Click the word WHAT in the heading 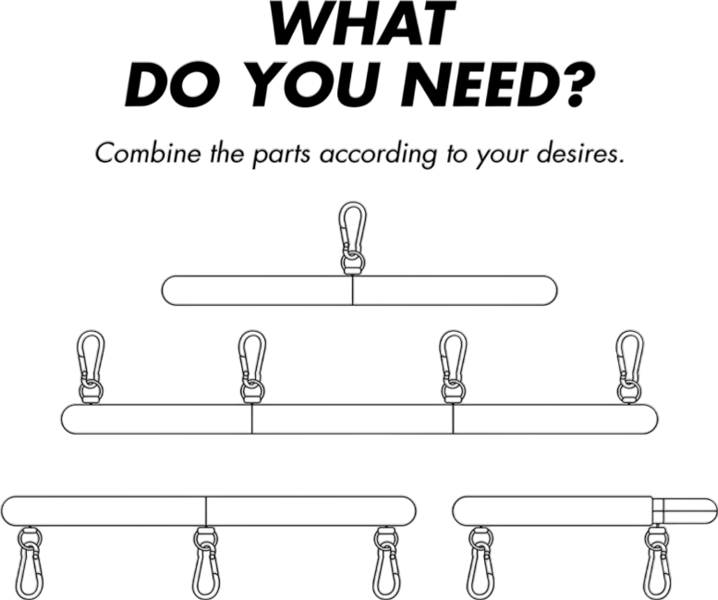pyautogui.click(x=362, y=23)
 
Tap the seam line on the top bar pyautogui.click(x=353, y=290)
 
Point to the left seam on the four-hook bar pyautogui.click(x=252, y=419)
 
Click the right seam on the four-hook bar pyautogui.click(x=454, y=419)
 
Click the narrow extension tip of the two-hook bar pyautogui.click(x=685, y=510)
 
